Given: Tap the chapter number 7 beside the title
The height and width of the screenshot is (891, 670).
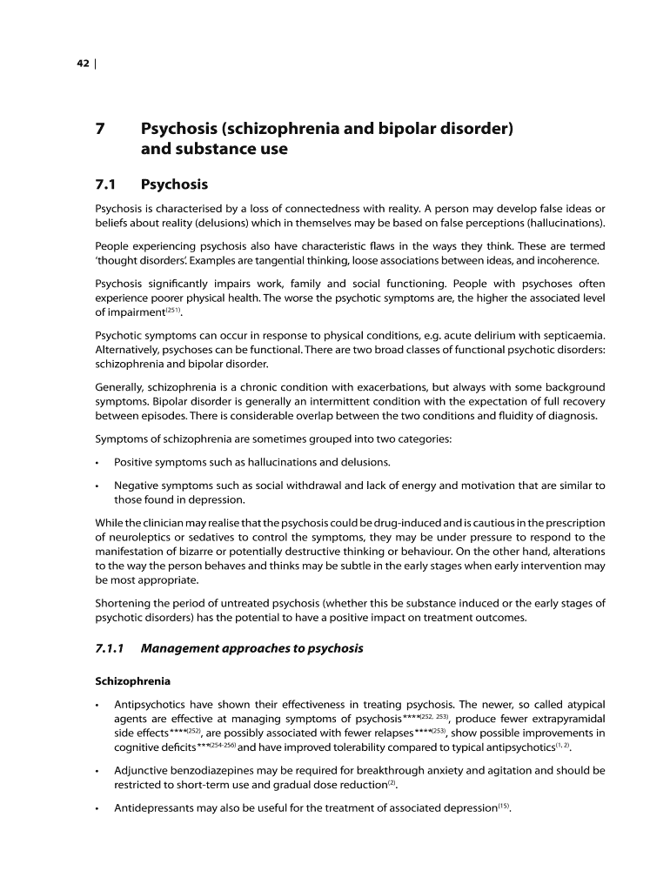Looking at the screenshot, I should tap(101, 130).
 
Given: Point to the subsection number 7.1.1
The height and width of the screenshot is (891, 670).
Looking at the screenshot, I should tap(111, 648).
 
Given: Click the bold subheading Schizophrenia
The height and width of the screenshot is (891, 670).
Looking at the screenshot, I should tap(132, 680).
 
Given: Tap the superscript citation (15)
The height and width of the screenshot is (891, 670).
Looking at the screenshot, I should tap(505, 805).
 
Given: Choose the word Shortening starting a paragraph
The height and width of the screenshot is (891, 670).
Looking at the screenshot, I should tap(124, 604).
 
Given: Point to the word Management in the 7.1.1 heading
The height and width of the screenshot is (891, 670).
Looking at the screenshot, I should tap(182, 648).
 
